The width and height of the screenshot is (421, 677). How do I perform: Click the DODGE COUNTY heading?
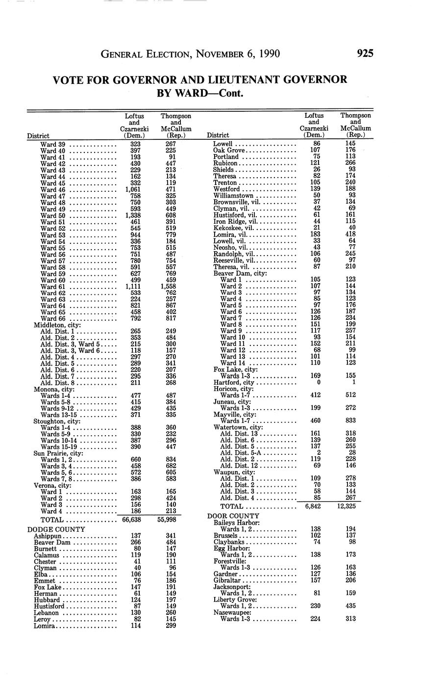56,529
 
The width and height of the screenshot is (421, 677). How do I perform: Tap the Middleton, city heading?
57,325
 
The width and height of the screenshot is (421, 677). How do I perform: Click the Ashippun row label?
48,536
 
